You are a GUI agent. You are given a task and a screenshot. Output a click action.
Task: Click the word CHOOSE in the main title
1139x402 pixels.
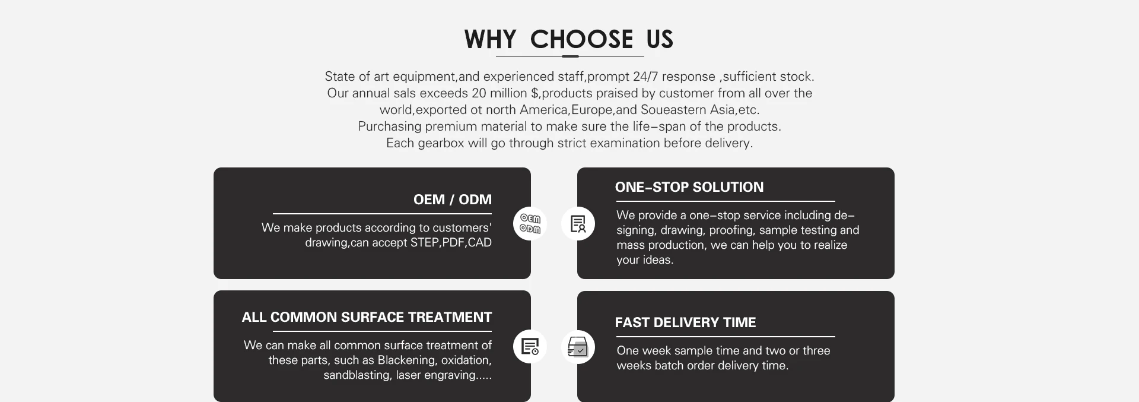[581, 40]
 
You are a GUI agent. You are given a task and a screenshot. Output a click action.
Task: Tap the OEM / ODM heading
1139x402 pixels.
[452, 200]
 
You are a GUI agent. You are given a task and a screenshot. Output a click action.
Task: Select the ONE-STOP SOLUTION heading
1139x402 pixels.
[689, 187]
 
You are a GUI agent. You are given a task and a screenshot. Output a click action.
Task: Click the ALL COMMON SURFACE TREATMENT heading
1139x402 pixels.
[367, 317]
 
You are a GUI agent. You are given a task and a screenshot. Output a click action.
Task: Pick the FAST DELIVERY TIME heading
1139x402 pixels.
[685, 322]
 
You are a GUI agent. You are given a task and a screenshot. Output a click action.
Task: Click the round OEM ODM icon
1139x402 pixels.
[530, 224]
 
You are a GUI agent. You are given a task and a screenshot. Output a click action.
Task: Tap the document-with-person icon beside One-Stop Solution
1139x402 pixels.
[578, 224]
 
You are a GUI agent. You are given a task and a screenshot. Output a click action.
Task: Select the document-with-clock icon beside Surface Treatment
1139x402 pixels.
[530, 346]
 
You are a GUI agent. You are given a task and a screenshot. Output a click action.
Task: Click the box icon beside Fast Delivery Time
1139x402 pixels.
[578, 347]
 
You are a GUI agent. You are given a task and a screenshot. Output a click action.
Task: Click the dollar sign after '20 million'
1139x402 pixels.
[534, 93]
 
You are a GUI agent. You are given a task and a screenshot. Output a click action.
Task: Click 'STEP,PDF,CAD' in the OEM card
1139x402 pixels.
[451, 242]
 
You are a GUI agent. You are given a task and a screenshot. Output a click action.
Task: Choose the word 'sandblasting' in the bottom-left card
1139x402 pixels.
[356, 375]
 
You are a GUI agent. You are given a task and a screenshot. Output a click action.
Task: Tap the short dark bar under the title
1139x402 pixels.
[569, 56]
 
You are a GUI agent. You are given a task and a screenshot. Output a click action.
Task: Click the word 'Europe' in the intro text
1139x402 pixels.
[591, 110]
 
